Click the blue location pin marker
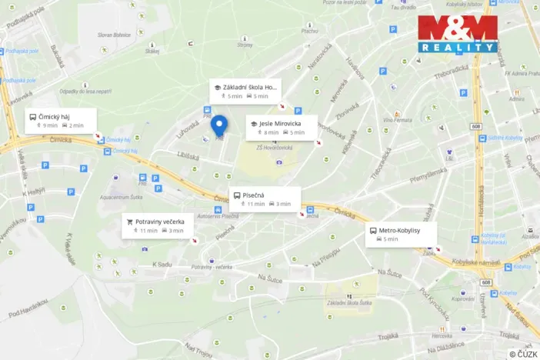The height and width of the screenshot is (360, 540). [x=219, y=125]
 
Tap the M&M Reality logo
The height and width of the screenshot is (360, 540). [x=457, y=33]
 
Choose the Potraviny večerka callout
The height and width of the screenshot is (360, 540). [x=159, y=225]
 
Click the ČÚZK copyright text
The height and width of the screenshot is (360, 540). [x=523, y=354]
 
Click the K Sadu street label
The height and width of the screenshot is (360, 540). [x=160, y=264]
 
